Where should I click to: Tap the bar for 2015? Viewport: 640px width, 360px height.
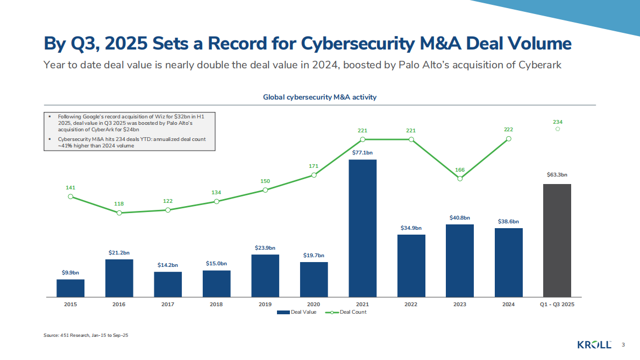[x=70, y=288]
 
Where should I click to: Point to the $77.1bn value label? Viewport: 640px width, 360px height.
[x=362, y=152]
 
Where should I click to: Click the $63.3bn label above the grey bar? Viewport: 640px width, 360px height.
[x=557, y=175]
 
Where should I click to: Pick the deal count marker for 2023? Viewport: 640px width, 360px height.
[x=460, y=178]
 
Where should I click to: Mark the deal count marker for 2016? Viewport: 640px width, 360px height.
[x=119, y=213]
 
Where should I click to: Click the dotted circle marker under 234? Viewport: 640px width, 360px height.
[x=558, y=130]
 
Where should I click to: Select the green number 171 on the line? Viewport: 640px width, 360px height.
[x=314, y=166]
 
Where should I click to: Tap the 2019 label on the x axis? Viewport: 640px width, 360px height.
[x=265, y=305]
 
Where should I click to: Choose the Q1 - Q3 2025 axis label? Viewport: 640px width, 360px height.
[x=557, y=305]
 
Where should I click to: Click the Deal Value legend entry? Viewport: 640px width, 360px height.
[x=297, y=312]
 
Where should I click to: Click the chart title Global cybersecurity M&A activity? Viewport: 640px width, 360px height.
[x=319, y=97]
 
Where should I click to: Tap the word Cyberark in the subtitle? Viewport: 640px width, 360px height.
[x=540, y=66]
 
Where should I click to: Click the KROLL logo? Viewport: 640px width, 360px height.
[x=594, y=344]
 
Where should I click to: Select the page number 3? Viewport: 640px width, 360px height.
[x=623, y=344]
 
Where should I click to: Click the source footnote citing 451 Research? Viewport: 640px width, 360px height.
[x=86, y=335]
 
